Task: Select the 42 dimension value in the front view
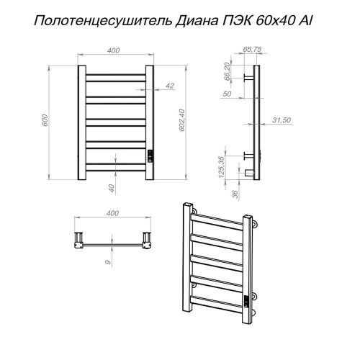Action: [x=170, y=86]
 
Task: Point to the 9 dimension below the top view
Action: [x=107, y=261]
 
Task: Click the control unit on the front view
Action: [x=150, y=156]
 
